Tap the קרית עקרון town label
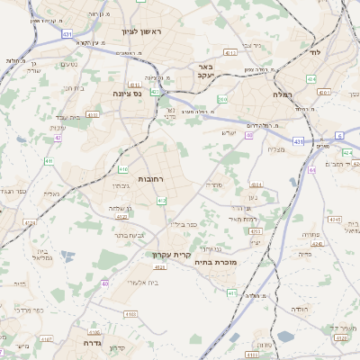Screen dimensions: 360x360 pyautogui.click(x=171, y=255)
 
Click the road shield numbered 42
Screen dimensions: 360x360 pyautogui.click(x=58, y=138)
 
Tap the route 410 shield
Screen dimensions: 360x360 pyautogui.click(x=123, y=168)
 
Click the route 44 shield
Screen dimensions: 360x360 pyautogui.click(x=310, y=167)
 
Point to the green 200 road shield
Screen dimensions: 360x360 pyautogui.click(x=221, y=98)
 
